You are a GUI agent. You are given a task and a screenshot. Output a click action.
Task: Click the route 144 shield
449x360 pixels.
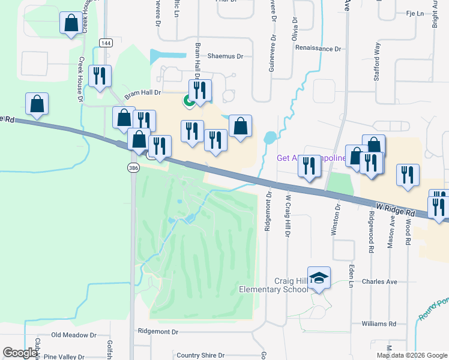106,43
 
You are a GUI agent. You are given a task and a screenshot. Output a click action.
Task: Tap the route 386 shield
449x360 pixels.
133,169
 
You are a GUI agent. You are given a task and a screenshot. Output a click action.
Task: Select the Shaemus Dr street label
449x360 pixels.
225,56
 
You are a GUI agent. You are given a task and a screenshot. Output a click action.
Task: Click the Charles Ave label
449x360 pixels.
379,281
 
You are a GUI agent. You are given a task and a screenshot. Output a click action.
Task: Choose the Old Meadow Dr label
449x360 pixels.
73,335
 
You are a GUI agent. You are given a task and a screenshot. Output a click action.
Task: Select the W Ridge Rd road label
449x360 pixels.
394,210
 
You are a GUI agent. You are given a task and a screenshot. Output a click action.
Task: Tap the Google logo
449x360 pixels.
20,353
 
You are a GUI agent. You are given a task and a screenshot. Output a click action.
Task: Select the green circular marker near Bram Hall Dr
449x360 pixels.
188,101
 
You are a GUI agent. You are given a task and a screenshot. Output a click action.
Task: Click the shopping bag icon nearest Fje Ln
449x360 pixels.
373,145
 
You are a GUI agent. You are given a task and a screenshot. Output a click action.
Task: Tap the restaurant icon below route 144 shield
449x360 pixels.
99,76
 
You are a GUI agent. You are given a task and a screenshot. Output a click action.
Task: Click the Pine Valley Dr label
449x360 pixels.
64,357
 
